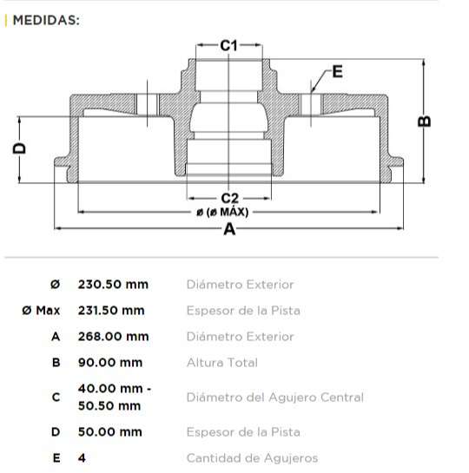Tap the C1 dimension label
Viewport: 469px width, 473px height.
(228, 44)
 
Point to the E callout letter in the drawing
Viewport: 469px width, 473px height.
(337, 71)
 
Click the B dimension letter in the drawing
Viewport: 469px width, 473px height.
(425, 121)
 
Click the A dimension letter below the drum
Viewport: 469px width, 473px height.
(229, 229)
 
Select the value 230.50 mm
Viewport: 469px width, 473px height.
(113, 284)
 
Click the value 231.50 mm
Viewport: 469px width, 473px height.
(113, 310)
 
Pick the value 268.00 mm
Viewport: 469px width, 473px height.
(113, 336)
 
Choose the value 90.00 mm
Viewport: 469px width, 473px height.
(109, 362)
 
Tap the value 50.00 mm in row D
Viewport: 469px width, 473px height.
(109, 431)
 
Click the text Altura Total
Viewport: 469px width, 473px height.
(221, 362)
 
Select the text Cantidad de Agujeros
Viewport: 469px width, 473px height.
(252, 457)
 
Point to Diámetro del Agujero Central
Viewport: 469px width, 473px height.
(274, 397)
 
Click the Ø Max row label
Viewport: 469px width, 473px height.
(41, 310)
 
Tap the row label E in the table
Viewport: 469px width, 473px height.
(56, 457)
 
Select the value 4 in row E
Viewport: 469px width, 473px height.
(82, 457)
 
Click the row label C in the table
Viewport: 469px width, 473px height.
(56, 397)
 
